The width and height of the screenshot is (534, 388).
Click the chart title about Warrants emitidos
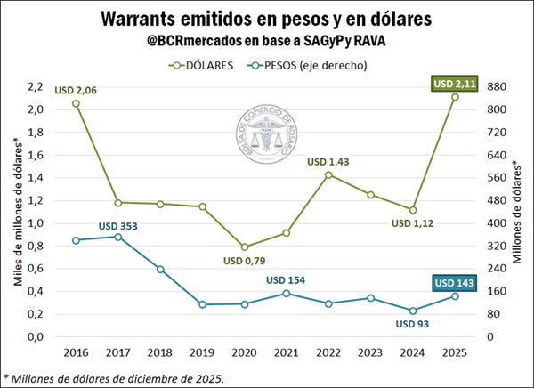266,19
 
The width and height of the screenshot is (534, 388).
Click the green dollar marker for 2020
245,247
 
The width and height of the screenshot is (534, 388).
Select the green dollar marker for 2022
328,174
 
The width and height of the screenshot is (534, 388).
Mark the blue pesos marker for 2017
117,237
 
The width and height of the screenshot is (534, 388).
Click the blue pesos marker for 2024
413,311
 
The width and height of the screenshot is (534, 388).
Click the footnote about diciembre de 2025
114,378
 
